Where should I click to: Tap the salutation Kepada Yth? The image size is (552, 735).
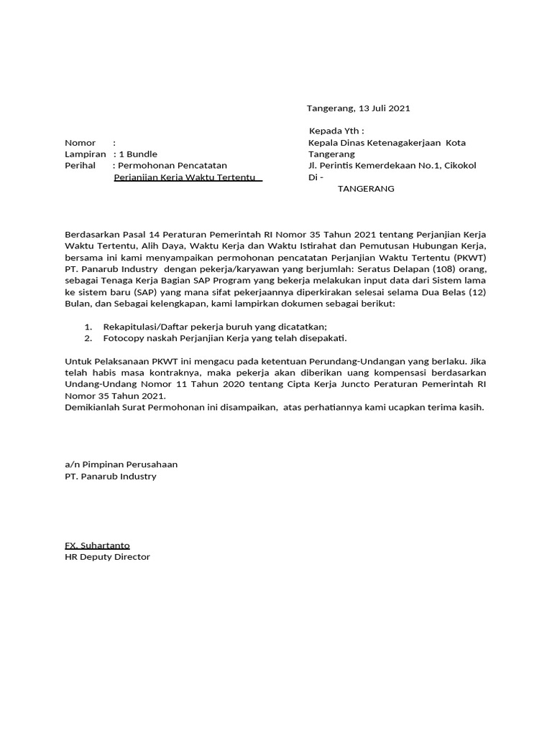[x=336, y=131]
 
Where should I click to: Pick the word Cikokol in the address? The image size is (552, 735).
[x=457, y=166]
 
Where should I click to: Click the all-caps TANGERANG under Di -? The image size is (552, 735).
[x=366, y=189]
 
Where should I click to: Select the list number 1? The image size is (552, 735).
[x=88, y=327]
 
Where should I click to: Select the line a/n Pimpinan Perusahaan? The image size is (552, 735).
[x=121, y=464]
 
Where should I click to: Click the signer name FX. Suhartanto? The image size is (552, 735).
[x=97, y=546]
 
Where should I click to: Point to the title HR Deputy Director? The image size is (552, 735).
[x=108, y=557]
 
